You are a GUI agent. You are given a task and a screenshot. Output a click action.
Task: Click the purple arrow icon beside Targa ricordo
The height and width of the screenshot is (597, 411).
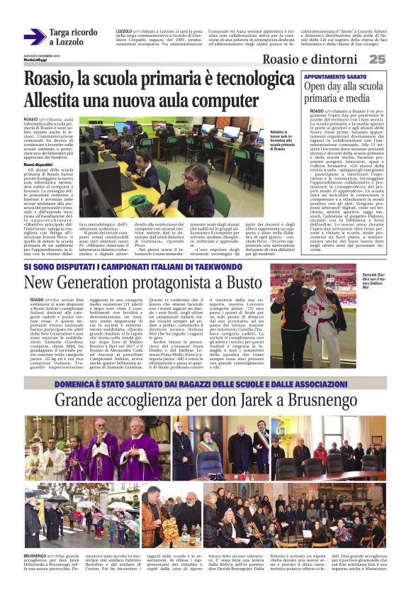tap(33, 36)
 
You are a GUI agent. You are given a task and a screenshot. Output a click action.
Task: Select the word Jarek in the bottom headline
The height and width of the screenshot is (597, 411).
tap(247, 401)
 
